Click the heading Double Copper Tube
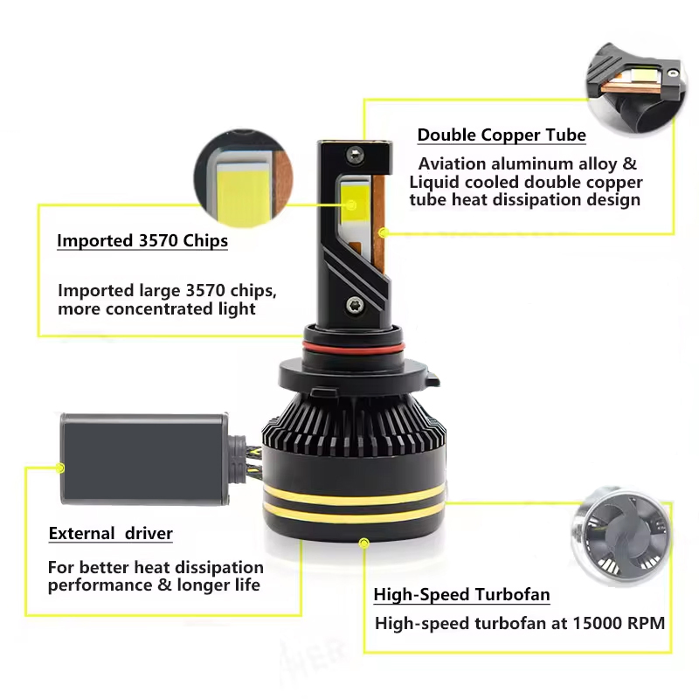tap(502, 135)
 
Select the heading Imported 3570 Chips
tap(142, 241)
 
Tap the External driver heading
tap(111, 533)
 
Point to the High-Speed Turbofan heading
tap(461, 595)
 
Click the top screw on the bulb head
tap(355, 154)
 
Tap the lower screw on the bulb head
tap(355, 306)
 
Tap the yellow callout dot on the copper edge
tap(382, 232)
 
